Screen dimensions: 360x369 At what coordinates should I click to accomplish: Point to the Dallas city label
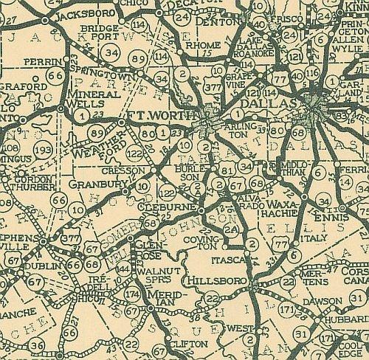click(x=282, y=106)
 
